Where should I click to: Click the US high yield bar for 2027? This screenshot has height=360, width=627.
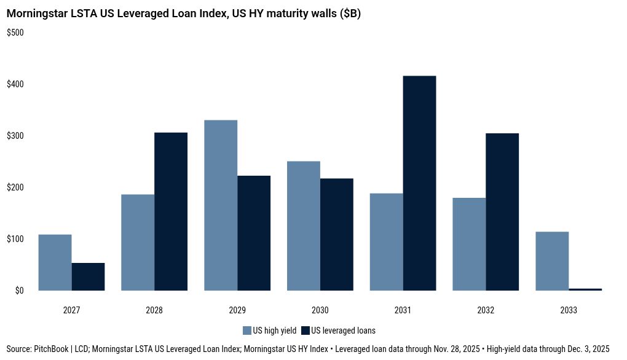pyautogui.click(x=55, y=262)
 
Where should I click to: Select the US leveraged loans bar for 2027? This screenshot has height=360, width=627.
pyautogui.click(x=88, y=276)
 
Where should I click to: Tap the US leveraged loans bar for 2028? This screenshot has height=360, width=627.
pyautogui.click(x=171, y=211)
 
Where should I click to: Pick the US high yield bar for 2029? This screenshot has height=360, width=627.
pyautogui.click(x=221, y=205)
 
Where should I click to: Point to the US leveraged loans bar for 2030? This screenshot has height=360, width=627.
pyautogui.click(x=337, y=234)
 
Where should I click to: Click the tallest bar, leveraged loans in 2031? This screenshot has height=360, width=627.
pyautogui.click(x=420, y=183)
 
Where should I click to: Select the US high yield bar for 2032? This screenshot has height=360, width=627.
pyautogui.click(x=469, y=244)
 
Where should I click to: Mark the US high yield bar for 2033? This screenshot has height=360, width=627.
pyautogui.click(x=552, y=261)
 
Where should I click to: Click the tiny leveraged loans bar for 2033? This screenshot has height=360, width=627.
pyautogui.click(x=585, y=289)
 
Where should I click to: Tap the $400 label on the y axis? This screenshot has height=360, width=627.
pyautogui.click(x=15, y=84)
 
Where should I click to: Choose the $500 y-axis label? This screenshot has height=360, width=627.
pyautogui.click(x=15, y=33)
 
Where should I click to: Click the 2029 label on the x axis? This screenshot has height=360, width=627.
pyautogui.click(x=237, y=310)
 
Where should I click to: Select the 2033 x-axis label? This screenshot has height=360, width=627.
pyautogui.click(x=569, y=310)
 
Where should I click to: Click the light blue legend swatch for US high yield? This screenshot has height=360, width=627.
pyautogui.click(x=248, y=331)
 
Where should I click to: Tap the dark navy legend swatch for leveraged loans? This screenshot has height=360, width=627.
pyautogui.click(x=306, y=331)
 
